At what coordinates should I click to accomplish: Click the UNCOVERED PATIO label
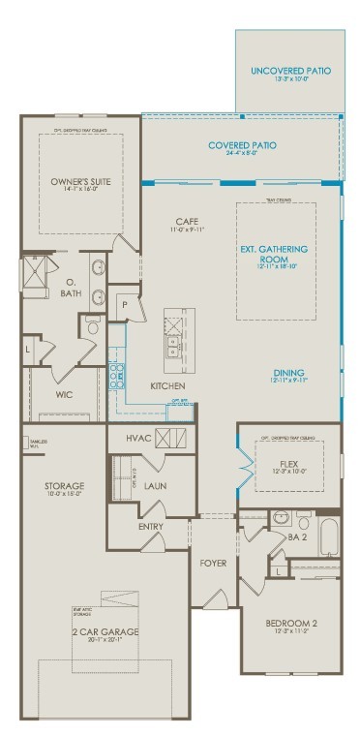coord(290,71)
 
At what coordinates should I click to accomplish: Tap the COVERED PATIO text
coord(242,145)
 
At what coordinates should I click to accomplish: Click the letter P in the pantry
coord(125,304)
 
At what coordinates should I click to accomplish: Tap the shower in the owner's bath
coord(36,270)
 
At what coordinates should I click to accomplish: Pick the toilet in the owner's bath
coord(94,326)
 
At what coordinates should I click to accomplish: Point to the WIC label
coord(65,395)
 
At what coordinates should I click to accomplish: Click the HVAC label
coord(139,438)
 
